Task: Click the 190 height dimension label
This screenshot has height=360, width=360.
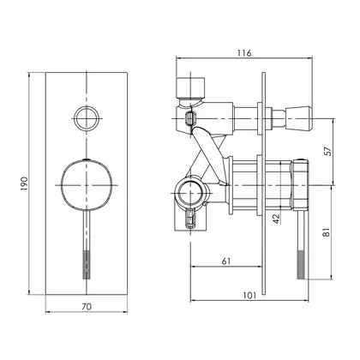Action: pos(25,184)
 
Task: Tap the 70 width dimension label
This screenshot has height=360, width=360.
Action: pos(87,307)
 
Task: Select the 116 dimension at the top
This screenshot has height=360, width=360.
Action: pos(244,53)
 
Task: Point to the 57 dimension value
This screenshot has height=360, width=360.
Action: pos(327,151)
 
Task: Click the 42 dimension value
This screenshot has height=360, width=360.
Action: pos(276,219)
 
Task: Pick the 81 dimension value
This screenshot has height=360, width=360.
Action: pos(327,231)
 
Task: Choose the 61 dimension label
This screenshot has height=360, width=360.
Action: pos(225,261)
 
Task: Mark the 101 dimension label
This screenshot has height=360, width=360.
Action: pos(249,295)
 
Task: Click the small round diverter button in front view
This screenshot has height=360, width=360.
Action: pos(87,118)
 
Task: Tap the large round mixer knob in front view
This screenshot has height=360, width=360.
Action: pos(87,185)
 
